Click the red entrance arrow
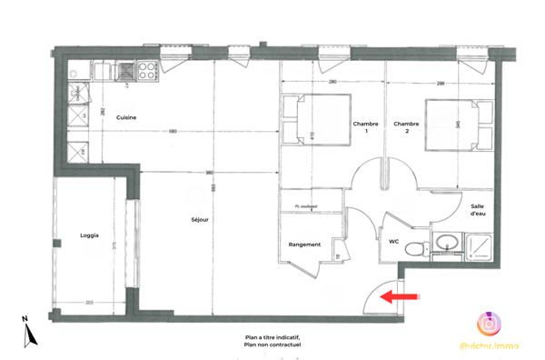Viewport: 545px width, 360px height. [401, 295]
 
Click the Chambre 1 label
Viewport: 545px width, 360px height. [365, 126]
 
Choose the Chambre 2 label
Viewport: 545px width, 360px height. [406, 126]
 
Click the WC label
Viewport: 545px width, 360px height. [394, 241]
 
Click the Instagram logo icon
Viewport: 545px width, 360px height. [489, 323]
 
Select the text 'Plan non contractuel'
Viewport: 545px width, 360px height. [272, 345]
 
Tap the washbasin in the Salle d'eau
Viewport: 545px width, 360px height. [446, 242]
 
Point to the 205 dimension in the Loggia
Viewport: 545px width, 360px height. [88, 302]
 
